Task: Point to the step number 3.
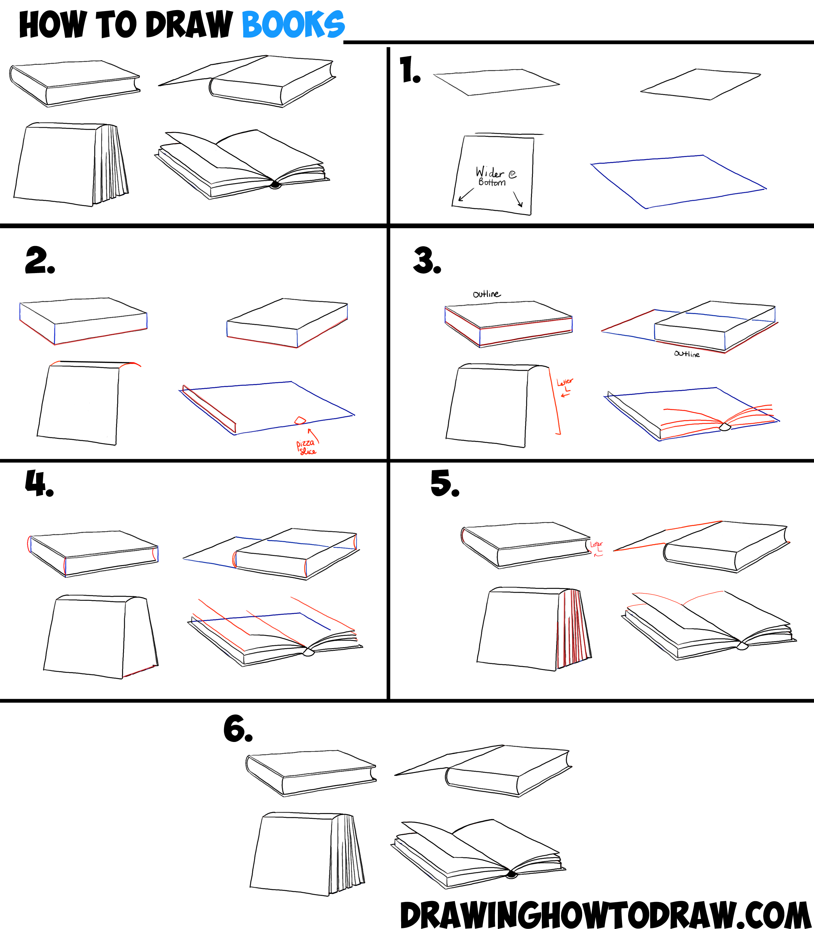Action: tap(427, 261)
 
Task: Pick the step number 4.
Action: tap(39, 484)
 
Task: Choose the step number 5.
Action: tap(444, 483)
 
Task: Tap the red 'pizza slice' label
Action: tap(306, 447)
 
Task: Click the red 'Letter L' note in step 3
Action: tap(565, 385)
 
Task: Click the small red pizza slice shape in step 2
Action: tap(300, 420)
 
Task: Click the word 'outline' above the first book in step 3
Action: tap(486, 294)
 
